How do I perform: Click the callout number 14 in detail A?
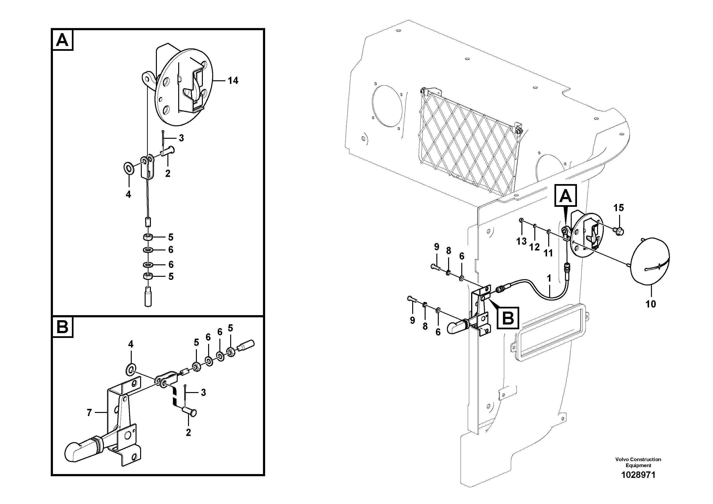click(233, 81)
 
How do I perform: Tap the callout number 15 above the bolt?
click(618, 208)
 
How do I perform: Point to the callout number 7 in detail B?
click(89, 413)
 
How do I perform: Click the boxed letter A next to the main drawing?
click(565, 196)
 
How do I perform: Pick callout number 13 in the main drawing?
click(521, 241)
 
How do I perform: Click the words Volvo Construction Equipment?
click(638, 462)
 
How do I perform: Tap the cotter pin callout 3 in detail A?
click(181, 138)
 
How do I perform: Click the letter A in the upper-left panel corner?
click(63, 40)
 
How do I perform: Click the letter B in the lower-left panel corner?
click(63, 327)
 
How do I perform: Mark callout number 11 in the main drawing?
click(548, 253)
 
